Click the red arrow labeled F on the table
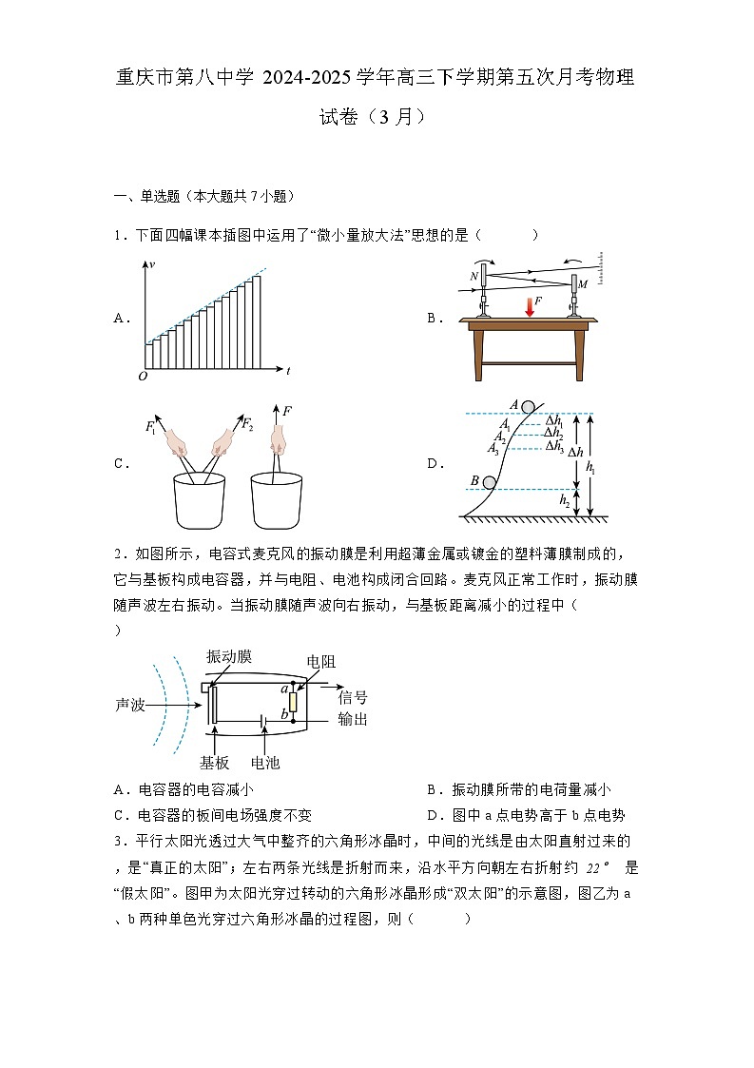pyautogui.click(x=530, y=306)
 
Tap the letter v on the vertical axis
pyautogui.click(x=152, y=262)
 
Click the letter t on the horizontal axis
pyautogui.click(x=287, y=370)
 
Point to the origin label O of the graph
pyautogui.click(x=143, y=376)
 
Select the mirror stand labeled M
pyautogui.click(x=573, y=295)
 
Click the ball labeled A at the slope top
pyautogui.click(x=528, y=406)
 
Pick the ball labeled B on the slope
pyautogui.click(x=489, y=483)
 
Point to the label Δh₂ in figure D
pyautogui.click(x=553, y=433)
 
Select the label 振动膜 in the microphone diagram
pyautogui.click(x=229, y=657)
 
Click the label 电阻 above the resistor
pyautogui.click(x=320, y=661)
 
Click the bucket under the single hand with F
pyautogui.click(x=277, y=500)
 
